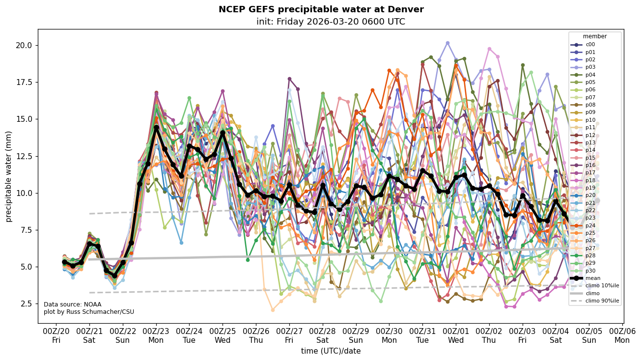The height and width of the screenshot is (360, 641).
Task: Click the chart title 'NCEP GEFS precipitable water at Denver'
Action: point(321,9)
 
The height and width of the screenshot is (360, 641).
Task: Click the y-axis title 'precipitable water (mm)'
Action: point(9,176)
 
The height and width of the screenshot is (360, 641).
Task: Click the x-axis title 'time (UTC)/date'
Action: point(331,351)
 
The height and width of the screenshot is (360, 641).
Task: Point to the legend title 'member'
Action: point(594,36)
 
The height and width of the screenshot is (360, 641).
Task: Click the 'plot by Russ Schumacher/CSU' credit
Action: point(89,312)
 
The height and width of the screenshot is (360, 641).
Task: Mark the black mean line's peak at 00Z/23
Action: point(156,128)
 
